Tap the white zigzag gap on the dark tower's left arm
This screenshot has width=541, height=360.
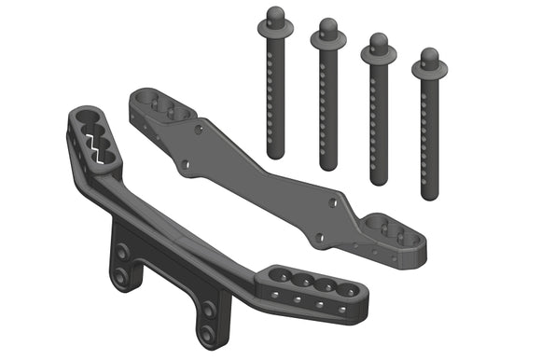tap(94, 145)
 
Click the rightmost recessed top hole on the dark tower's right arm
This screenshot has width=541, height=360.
tap(346, 291)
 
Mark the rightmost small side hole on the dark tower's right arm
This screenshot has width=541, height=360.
tap(341, 310)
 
